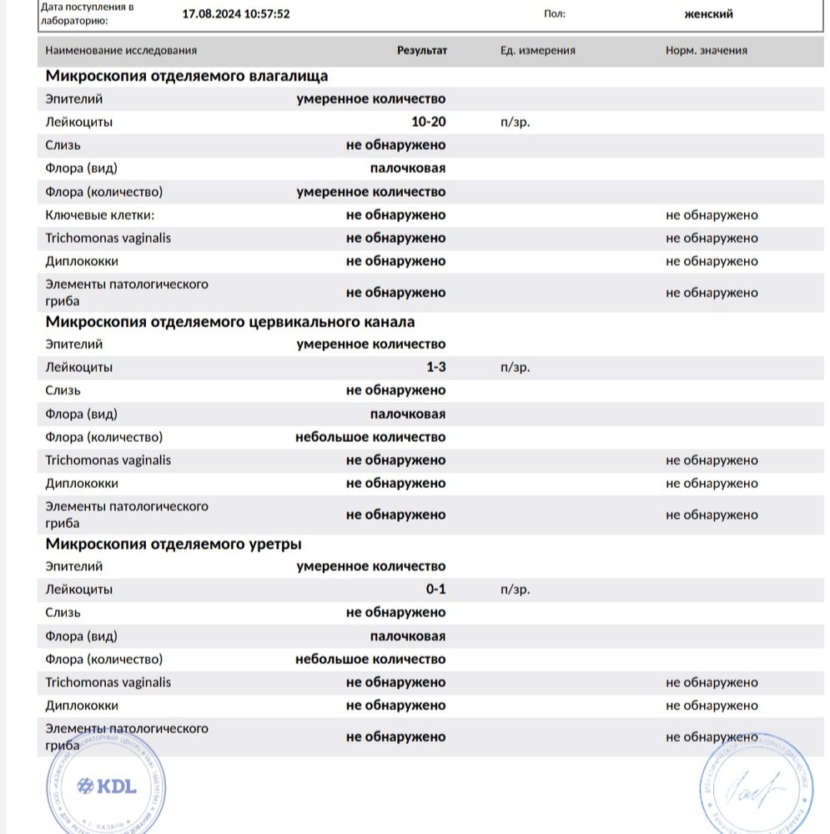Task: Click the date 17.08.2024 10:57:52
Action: coord(236,13)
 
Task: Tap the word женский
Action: coord(709,13)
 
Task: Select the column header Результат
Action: coord(422,50)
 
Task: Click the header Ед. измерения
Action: coord(538,50)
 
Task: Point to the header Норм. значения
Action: coord(707,50)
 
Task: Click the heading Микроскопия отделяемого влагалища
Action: coord(187,76)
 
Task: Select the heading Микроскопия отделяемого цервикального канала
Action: coord(230,322)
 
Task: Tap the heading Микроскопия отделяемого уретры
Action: coord(174,544)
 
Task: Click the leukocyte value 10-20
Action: coord(429,122)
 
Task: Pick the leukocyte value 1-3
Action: coord(435,367)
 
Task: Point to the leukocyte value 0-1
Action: coord(436,589)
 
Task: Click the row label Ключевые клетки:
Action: coord(100,214)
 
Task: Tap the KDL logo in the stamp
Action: coord(106,786)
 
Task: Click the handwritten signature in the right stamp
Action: coord(754,786)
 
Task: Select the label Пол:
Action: coord(554,13)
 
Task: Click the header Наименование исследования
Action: coord(121,50)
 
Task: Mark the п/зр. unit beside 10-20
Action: coord(515,122)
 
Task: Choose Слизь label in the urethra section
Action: coord(63,612)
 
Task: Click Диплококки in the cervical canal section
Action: coord(82,483)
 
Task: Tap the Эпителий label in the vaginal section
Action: coord(74,98)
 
